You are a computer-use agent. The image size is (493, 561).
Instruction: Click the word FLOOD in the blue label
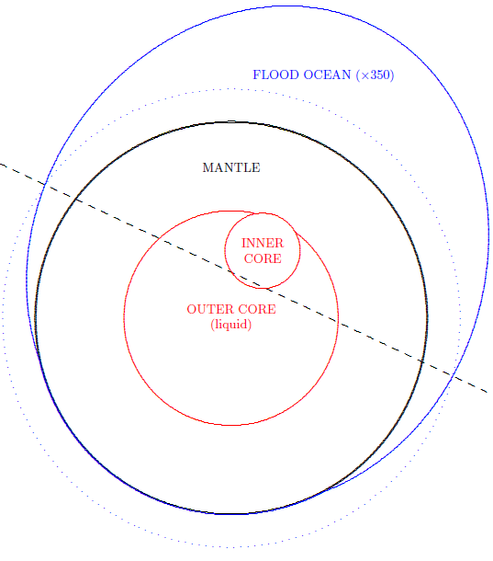tap(275, 74)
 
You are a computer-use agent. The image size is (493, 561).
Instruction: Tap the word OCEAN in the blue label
tap(327, 74)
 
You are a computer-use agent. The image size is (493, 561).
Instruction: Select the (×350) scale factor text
tap(375, 75)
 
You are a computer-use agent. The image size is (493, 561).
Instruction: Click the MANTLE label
tap(231, 167)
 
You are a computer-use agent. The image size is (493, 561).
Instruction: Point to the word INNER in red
tap(263, 243)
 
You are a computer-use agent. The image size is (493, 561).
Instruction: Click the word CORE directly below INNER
tap(263, 258)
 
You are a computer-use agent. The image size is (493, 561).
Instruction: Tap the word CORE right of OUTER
tap(257, 309)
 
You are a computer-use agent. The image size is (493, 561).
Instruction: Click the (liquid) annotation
tap(230, 325)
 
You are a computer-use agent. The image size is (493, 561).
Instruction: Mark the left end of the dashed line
tap(1, 164)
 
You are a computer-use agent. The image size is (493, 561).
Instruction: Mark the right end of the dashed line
tap(487, 392)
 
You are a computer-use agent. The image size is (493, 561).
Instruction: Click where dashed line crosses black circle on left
tap(75, 199)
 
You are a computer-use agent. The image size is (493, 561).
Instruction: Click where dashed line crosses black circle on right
tap(422, 361)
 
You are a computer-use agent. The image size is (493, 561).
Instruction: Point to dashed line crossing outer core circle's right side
tap(338, 322)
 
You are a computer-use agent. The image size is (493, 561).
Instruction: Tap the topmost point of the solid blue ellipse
tap(290, 6)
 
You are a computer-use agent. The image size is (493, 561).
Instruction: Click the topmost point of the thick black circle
tap(231, 122)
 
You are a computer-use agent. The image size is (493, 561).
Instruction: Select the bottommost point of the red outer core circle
tap(230, 425)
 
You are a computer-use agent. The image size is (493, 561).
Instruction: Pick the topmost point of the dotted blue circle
tap(231, 88)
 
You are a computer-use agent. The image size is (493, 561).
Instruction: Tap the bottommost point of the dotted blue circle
tap(231, 547)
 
